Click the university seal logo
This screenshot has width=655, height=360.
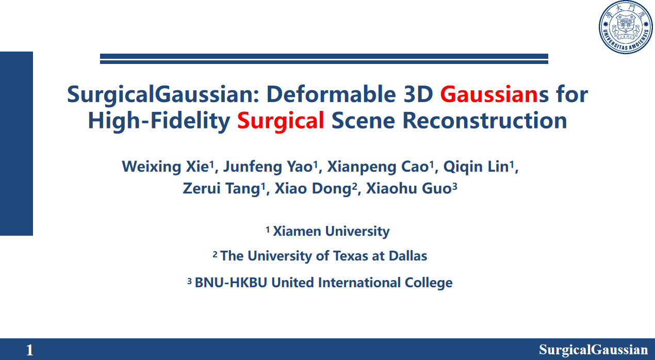(x=626, y=27)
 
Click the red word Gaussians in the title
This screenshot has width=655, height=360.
(x=489, y=94)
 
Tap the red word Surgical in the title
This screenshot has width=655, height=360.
(x=281, y=121)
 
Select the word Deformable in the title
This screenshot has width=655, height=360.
(x=331, y=94)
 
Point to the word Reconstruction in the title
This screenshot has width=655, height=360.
(x=485, y=121)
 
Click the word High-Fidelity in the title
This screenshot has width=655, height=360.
(x=159, y=121)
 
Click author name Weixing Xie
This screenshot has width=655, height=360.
(x=166, y=167)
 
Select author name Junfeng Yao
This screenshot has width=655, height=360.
(x=268, y=167)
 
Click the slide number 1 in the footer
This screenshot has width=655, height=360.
(x=29, y=350)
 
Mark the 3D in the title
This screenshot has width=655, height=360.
(x=418, y=94)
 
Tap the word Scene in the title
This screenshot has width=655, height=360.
(x=363, y=121)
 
